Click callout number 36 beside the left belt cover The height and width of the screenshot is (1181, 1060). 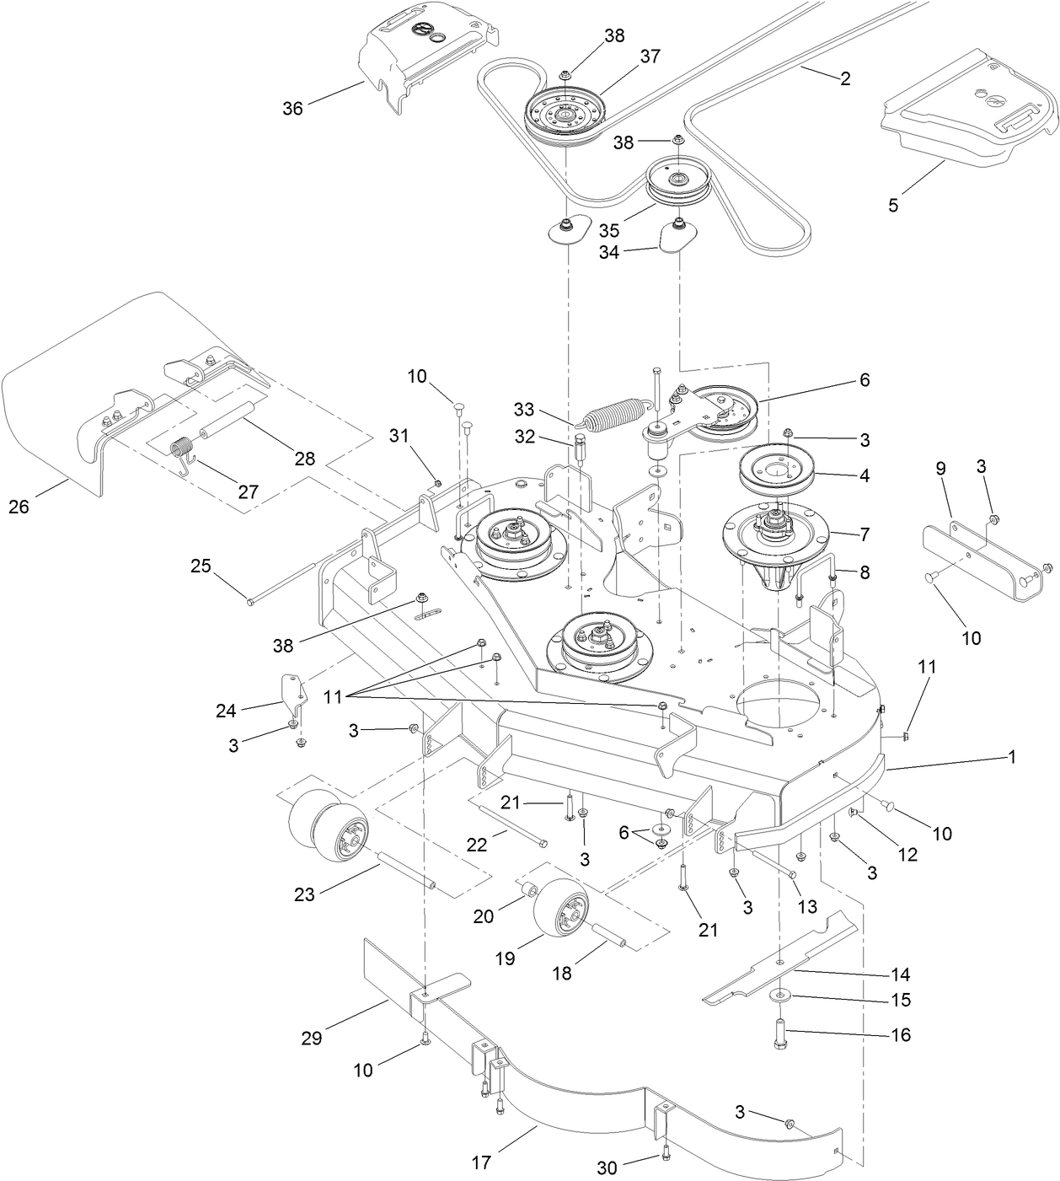pos(292,110)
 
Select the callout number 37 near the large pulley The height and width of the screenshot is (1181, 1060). pos(650,56)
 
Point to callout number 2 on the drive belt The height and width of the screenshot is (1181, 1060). pos(845,78)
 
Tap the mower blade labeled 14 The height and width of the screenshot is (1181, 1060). pos(779,960)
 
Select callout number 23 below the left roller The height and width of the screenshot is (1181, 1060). pos(304,894)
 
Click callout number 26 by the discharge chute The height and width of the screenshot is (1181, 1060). pos(18,507)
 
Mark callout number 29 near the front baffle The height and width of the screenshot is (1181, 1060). pos(312,1038)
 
